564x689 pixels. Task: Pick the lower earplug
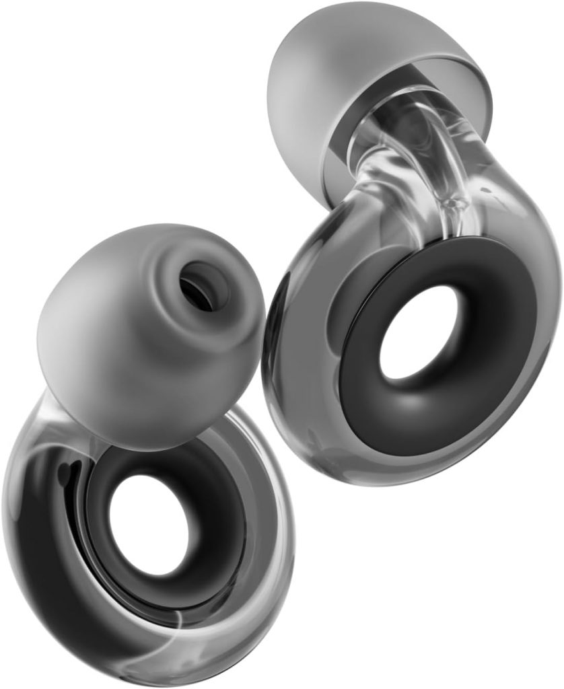pyautogui.click(x=148, y=458)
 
